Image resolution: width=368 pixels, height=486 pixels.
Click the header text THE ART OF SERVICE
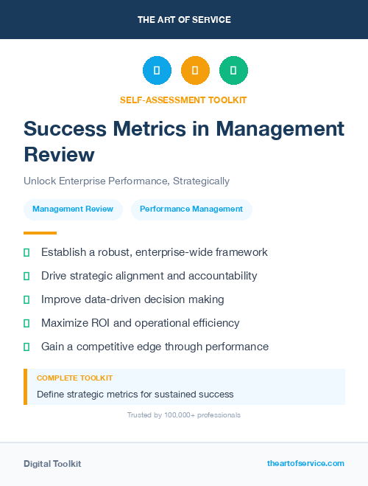coord(184,20)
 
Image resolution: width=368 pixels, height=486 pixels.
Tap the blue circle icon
coord(157,71)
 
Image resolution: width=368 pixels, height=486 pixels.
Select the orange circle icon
coord(195,71)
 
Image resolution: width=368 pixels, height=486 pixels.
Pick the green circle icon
coord(233,71)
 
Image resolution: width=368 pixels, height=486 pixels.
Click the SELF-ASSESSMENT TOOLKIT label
coord(184,100)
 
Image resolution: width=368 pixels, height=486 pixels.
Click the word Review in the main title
coord(59,154)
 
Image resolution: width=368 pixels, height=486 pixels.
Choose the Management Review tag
coord(73,209)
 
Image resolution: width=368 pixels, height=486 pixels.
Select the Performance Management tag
coord(191,209)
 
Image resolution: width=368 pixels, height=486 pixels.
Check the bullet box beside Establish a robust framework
coord(26,253)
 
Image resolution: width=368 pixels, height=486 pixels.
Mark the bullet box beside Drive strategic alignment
coord(26,277)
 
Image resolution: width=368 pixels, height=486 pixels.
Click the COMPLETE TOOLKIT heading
coord(74,378)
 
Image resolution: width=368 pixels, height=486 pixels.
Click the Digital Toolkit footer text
coord(52,464)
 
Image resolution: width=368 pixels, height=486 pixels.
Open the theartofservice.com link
coord(305,463)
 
